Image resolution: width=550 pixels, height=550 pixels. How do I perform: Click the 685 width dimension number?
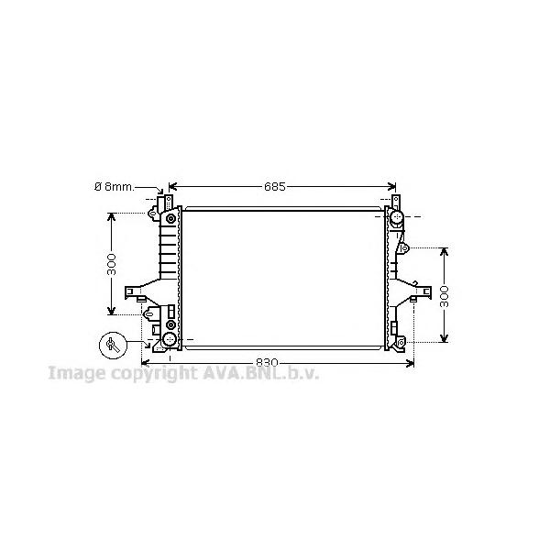[275, 187]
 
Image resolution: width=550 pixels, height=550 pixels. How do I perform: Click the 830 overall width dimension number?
[267, 362]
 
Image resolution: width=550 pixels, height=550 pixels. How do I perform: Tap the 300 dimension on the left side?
[111, 264]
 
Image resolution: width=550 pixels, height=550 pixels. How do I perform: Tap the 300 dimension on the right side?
[445, 296]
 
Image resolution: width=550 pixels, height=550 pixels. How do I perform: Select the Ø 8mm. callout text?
[115, 187]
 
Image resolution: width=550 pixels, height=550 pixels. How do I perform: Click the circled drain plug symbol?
[113, 346]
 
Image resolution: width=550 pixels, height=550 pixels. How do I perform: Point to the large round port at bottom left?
[170, 339]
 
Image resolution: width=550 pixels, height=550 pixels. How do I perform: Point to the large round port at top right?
[396, 216]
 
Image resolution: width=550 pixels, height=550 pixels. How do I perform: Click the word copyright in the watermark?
[154, 374]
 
